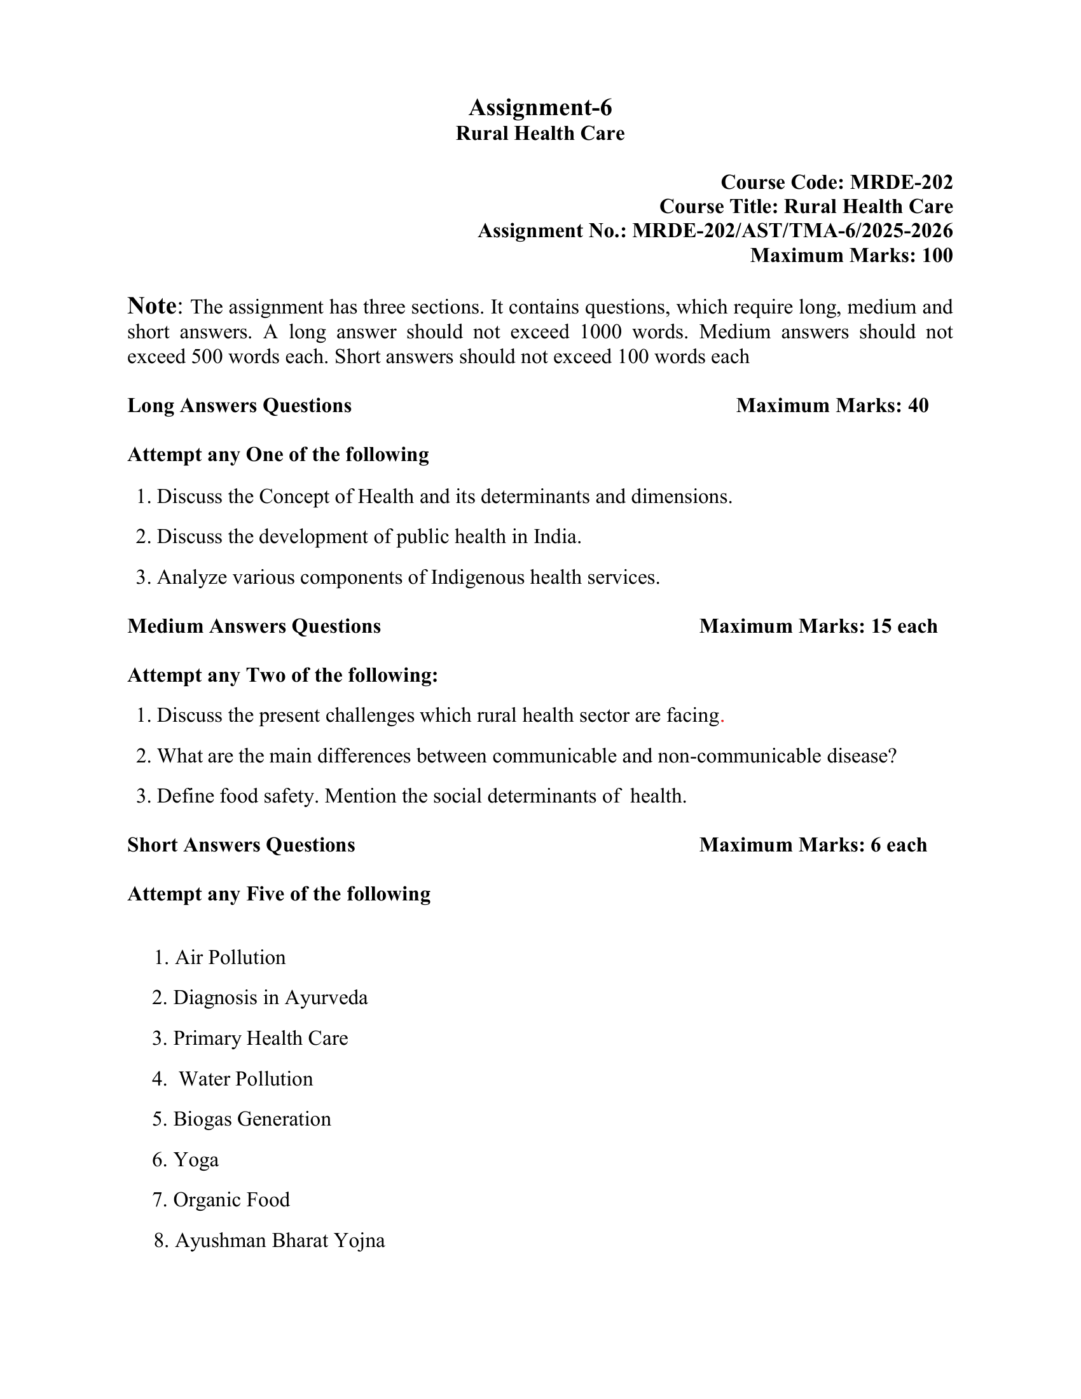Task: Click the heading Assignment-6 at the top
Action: point(540,107)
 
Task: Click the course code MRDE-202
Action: point(901,183)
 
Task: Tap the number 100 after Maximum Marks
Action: point(937,256)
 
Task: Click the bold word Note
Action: point(152,307)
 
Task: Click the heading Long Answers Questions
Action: point(240,406)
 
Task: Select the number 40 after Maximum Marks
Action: point(918,406)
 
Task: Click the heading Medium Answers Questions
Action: point(254,626)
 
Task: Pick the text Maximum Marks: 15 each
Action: point(818,626)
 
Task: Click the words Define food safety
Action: point(237,796)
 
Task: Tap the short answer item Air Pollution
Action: point(230,958)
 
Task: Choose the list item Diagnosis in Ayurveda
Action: point(270,998)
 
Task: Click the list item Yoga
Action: point(196,1160)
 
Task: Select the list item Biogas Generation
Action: point(252,1119)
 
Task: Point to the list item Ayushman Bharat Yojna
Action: point(280,1241)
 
